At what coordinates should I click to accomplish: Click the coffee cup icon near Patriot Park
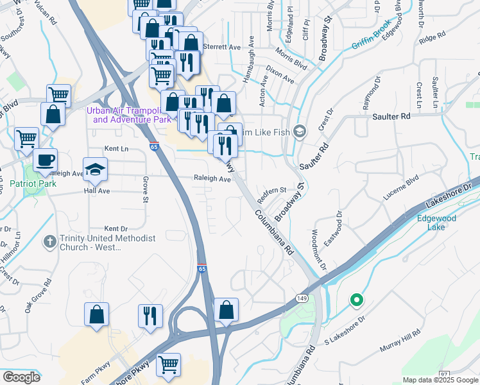pyautogui.click(x=45, y=160)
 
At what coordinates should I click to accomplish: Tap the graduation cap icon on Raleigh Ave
pyautogui.click(x=96, y=169)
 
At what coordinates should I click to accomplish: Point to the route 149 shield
pyautogui.click(x=302, y=298)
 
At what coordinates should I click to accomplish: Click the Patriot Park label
pyautogui.click(x=33, y=184)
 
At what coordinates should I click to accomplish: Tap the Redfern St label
pyautogui.click(x=271, y=190)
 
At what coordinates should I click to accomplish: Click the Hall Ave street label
pyautogui.click(x=97, y=191)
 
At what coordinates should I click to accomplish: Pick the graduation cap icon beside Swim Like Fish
pyautogui.click(x=300, y=132)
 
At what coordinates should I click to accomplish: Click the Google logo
pyautogui.click(x=22, y=377)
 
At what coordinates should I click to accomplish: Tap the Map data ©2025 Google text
pyautogui.click(x=440, y=380)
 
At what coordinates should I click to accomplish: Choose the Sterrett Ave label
pyautogui.click(x=221, y=47)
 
